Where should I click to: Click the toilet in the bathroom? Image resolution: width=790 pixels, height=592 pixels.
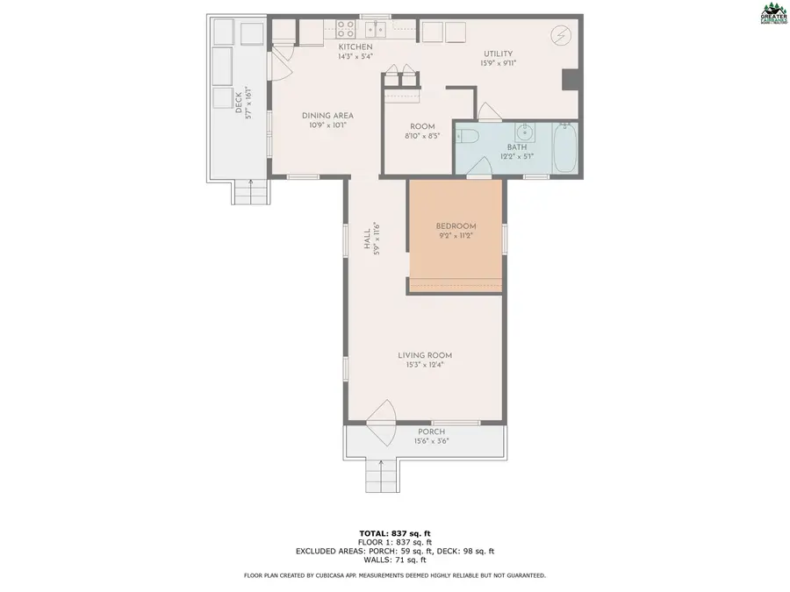coord(468,136)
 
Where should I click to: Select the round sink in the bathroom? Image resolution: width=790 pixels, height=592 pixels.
coord(526,133)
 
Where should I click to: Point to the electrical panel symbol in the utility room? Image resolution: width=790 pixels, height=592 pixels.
coord(559,35)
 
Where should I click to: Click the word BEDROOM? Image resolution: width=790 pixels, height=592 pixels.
coord(456,225)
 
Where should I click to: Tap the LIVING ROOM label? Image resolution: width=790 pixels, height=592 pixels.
coord(425,355)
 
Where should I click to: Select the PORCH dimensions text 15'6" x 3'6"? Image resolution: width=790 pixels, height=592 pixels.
coord(431,442)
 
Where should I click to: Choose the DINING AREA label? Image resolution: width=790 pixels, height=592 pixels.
coord(327,116)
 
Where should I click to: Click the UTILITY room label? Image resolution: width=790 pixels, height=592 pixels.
coord(497,53)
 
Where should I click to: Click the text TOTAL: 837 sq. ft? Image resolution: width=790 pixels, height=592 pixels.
coord(395,533)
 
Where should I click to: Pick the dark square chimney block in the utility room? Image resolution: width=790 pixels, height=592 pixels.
coord(570,80)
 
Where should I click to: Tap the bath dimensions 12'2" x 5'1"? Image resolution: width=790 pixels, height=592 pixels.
coord(517,157)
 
